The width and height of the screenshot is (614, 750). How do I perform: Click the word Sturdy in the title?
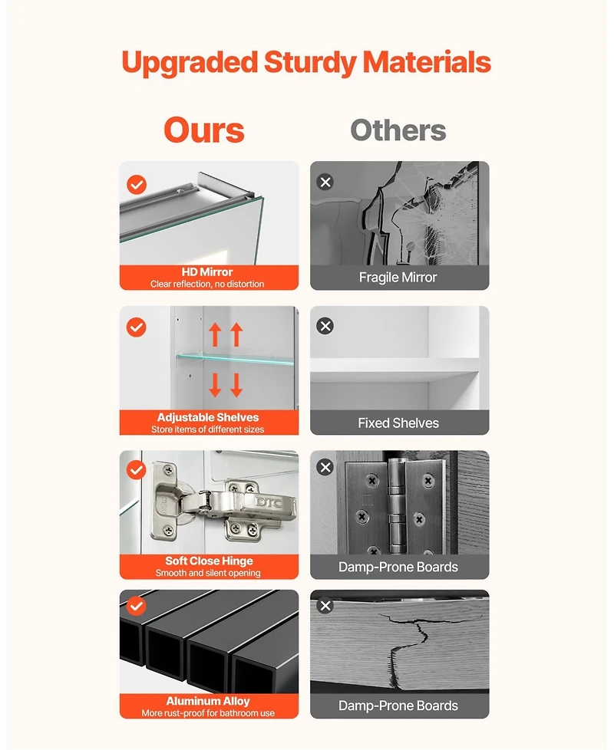click(x=309, y=63)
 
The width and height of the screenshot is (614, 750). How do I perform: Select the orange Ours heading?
click(x=204, y=130)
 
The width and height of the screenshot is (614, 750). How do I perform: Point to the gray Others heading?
click(x=398, y=130)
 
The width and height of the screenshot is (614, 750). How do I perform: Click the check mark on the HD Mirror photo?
click(x=137, y=185)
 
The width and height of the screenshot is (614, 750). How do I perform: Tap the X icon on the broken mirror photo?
click(x=325, y=183)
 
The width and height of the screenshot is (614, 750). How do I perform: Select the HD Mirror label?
click(x=207, y=271)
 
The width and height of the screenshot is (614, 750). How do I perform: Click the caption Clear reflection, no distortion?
click(x=207, y=284)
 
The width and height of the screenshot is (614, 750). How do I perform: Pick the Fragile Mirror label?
click(x=398, y=278)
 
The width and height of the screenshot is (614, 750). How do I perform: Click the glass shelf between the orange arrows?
click(x=236, y=358)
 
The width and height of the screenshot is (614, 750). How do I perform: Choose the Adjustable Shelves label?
click(x=208, y=417)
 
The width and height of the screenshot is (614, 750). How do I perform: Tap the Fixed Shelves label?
click(x=398, y=423)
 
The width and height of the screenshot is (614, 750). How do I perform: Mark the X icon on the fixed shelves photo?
click(x=325, y=326)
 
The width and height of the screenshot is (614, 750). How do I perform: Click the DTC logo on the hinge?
click(x=268, y=502)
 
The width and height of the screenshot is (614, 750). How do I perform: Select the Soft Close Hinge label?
click(x=209, y=561)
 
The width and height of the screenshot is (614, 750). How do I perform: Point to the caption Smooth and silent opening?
click(x=208, y=573)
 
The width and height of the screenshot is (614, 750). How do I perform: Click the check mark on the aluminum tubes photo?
click(x=137, y=606)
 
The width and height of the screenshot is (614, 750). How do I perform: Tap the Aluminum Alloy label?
click(x=208, y=701)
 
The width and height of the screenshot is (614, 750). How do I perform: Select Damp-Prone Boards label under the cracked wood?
click(x=398, y=706)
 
